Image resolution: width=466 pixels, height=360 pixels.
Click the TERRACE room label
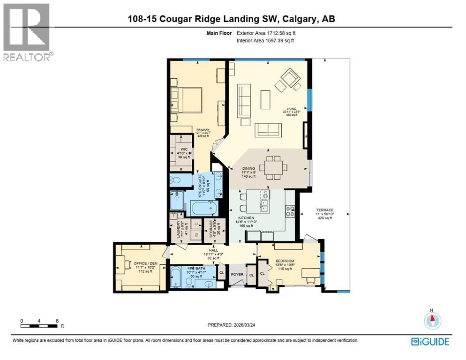point(324,210)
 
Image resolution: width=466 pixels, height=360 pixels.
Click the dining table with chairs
point(273,168)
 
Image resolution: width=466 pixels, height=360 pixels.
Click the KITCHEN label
point(246,218)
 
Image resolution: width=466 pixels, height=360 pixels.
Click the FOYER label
point(237,275)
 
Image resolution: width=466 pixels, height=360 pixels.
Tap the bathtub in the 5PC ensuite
point(202,208)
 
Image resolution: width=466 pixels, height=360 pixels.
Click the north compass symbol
point(433,320)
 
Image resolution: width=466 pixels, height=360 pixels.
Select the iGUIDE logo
point(430,342)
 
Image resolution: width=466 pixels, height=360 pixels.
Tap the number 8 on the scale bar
point(57,321)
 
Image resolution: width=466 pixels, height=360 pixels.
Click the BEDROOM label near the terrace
point(285,261)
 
